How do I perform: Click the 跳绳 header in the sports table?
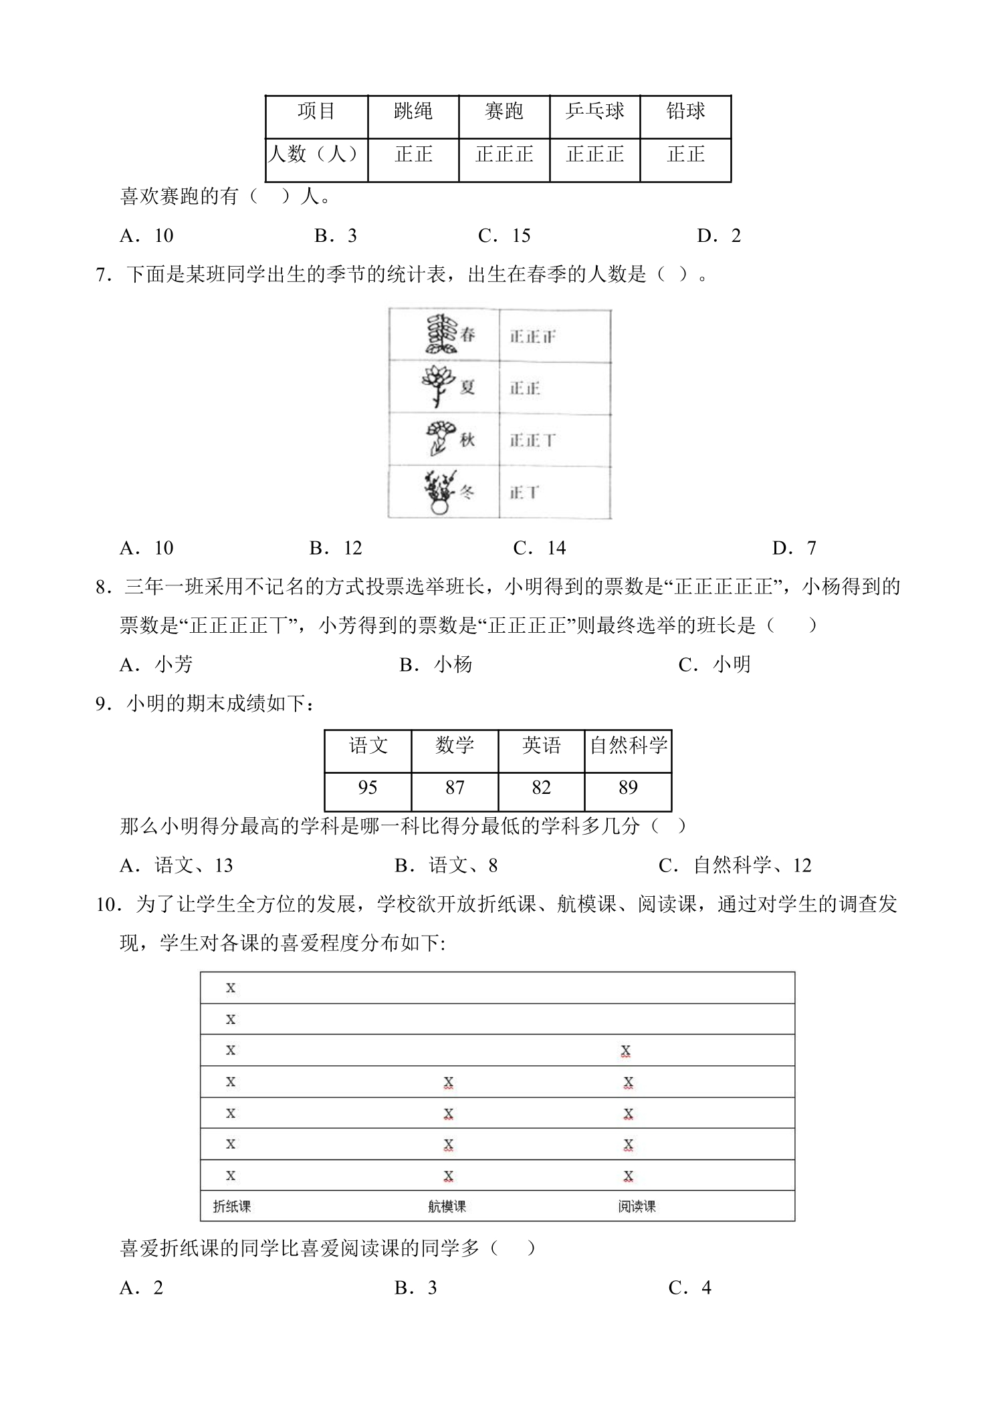point(413,112)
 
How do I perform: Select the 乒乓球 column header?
point(594,112)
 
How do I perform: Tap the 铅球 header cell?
point(685,112)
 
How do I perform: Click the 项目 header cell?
point(316,112)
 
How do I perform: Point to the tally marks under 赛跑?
point(504,155)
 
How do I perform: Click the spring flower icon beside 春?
point(441,334)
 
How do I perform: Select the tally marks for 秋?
point(532,440)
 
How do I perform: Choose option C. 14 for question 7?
point(540,549)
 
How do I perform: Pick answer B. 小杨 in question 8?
point(436,665)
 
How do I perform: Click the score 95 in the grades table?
point(368,788)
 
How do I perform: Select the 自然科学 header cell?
point(628,746)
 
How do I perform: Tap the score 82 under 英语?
point(541,788)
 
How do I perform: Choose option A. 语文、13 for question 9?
point(177,866)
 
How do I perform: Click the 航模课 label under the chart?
point(447,1207)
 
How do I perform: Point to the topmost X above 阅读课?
point(625,1051)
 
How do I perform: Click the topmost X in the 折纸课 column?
point(231,988)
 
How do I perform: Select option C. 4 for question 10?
point(690,1288)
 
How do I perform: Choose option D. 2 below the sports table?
point(720,236)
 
